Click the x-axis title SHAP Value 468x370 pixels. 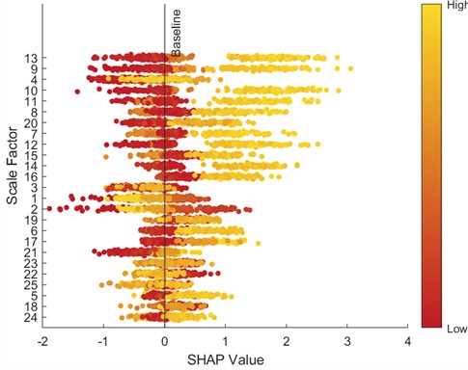tap(225, 358)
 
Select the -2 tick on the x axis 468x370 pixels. tap(42, 341)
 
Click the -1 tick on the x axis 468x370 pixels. tap(103, 341)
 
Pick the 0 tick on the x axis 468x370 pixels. tap(165, 341)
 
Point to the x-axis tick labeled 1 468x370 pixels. tap(226, 341)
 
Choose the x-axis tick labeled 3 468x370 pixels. tap(347, 341)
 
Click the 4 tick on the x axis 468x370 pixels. tap(408, 341)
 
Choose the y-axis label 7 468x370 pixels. tap(34, 134)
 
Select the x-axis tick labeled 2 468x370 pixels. tap(287, 341)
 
